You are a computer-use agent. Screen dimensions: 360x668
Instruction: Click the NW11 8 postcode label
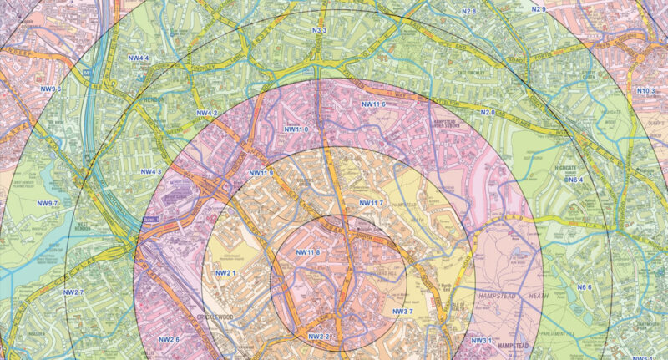click(308, 252)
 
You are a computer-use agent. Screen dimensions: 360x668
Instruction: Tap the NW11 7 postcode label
click(371, 204)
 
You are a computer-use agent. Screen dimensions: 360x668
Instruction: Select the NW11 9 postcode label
click(261, 173)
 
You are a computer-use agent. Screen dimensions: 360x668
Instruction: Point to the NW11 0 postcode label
click(296, 129)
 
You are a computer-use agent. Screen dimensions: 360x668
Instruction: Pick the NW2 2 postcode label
click(320, 336)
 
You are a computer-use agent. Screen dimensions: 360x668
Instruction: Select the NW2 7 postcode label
click(73, 292)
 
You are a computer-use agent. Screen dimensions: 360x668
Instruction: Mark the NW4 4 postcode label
click(139, 58)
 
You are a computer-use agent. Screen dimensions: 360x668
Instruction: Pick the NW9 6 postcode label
click(49, 89)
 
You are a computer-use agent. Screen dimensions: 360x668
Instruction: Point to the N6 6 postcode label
click(584, 287)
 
